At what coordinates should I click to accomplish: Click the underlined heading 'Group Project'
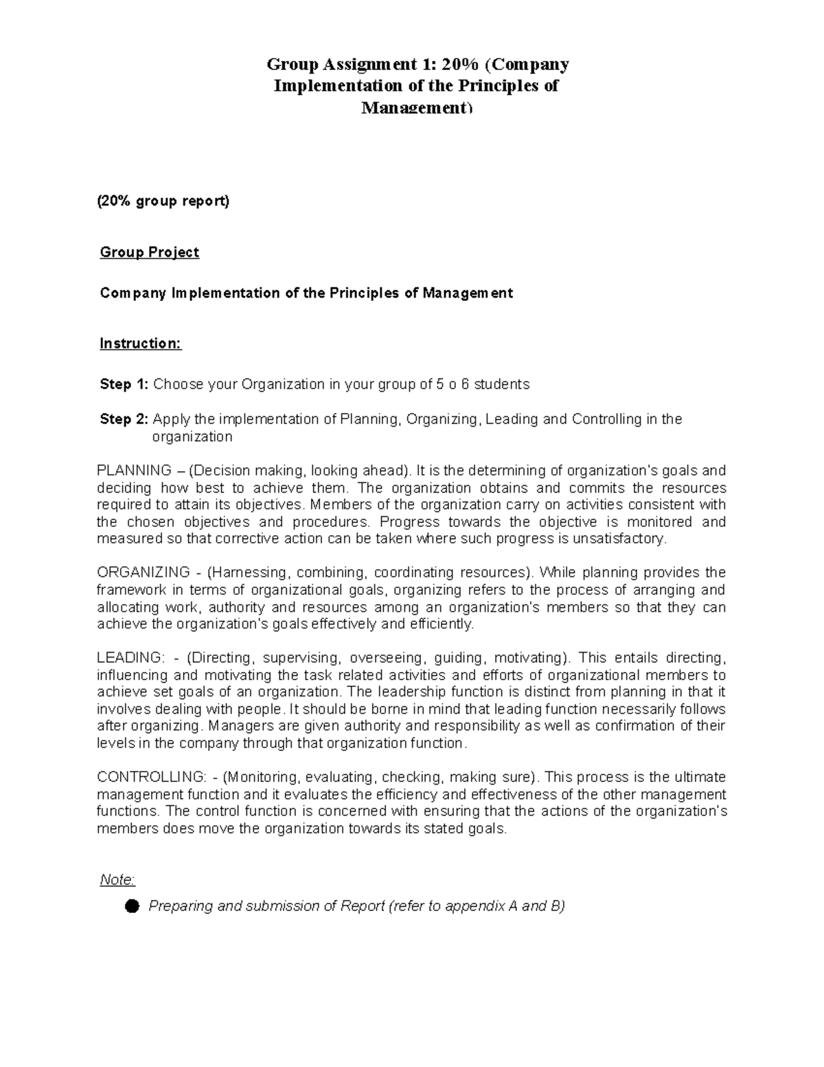[149, 252]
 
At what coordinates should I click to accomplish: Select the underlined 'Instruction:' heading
[140, 344]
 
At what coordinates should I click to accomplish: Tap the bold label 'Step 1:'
[124, 384]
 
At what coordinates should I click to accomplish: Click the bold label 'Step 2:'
[124, 419]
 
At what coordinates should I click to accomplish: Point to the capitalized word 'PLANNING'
[135, 471]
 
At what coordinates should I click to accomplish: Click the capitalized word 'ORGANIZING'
[144, 572]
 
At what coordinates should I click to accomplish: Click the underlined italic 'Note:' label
[117, 880]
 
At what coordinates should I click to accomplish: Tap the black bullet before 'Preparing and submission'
[132, 907]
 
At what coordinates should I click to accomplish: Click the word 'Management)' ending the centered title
[417, 108]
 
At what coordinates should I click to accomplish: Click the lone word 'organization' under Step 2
[192, 437]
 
